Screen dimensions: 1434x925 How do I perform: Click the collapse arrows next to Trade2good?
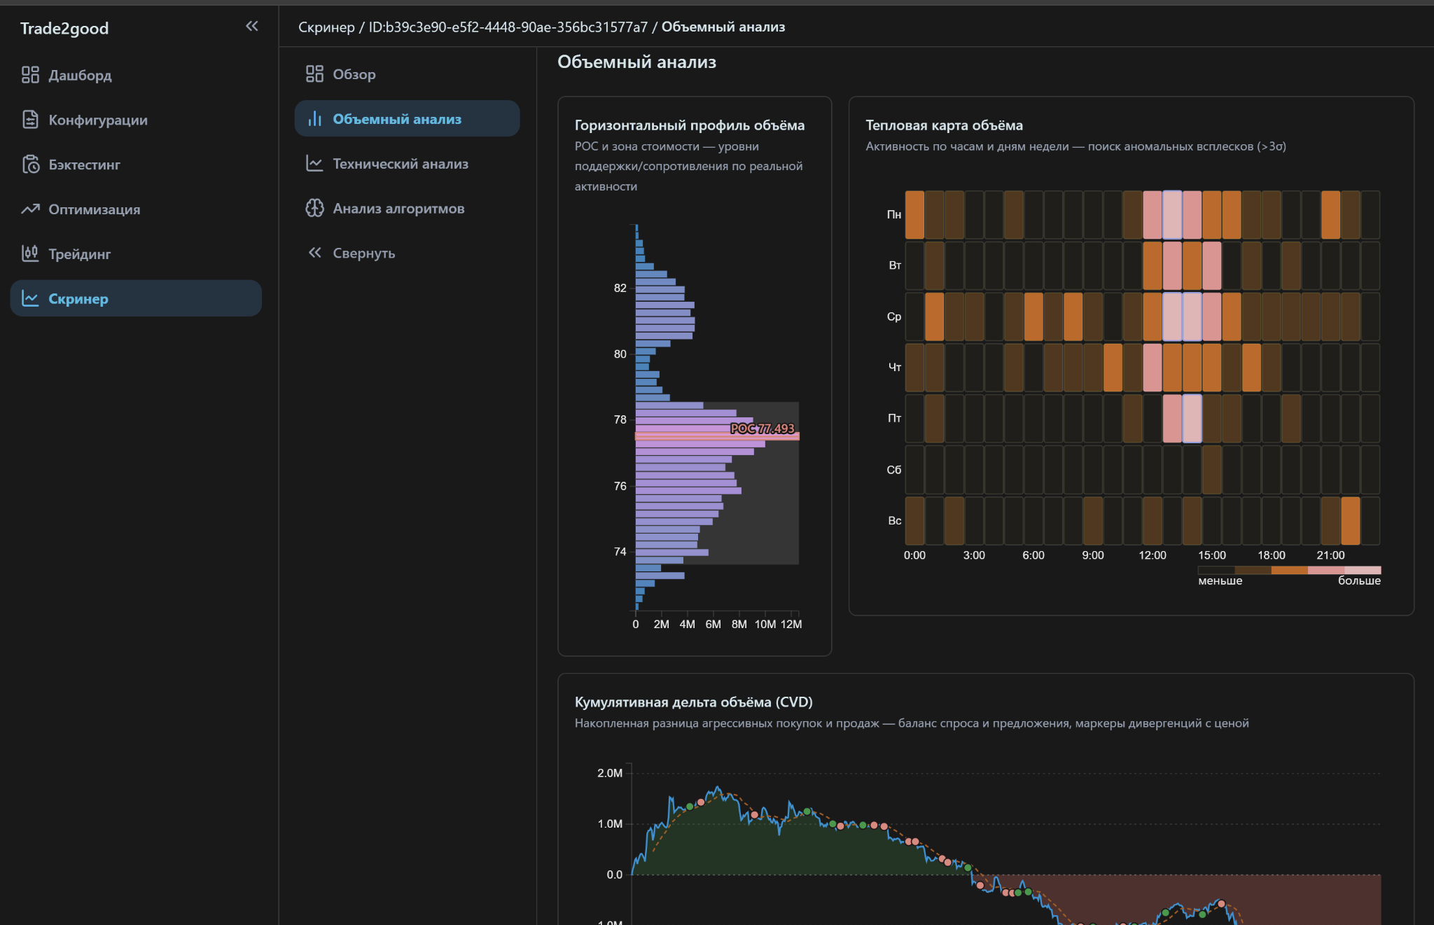coord(252,27)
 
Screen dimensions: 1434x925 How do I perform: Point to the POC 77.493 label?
coord(763,429)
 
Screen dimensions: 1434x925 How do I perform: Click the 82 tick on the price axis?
coord(620,288)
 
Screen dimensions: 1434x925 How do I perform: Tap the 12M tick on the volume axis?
coord(791,624)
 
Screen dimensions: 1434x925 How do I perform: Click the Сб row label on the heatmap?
coord(893,470)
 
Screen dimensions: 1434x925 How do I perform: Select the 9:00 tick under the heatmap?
coord(1092,555)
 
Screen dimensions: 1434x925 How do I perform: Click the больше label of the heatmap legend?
coord(1359,580)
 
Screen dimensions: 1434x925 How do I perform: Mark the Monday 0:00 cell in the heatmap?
coord(914,215)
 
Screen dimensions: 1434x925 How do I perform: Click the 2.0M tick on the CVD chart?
coord(610,773)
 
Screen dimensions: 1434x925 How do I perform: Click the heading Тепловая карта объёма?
coord(944,125)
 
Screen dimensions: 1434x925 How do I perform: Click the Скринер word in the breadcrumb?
coord(326,27)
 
